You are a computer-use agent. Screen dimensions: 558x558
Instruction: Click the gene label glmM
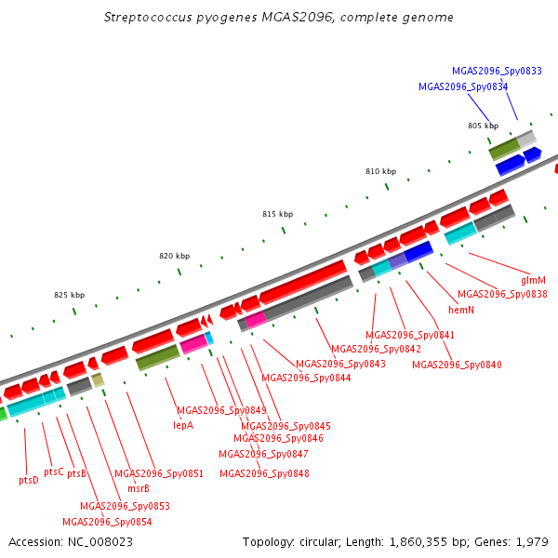[533, 279]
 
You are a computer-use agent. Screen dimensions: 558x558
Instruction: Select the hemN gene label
[461, 310]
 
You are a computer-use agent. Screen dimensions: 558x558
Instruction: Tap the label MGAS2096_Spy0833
[497, 71]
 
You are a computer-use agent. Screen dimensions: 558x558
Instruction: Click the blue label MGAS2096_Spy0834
[463, 86]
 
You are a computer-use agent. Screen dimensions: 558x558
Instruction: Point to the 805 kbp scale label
[483, 126]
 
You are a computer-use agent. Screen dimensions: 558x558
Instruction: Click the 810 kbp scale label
[380, 172]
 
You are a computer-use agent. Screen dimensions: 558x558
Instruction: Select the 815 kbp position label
[277, 214]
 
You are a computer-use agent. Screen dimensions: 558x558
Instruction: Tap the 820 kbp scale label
[174, 256]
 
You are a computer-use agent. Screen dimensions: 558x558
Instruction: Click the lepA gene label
[183, 425]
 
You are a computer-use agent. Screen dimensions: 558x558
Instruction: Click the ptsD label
[29, 480]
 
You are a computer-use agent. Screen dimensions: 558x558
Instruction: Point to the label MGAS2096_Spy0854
[107, 522]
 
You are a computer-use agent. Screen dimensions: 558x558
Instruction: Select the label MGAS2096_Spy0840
[457, 365]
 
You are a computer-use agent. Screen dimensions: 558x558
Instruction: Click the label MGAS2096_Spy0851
[159, 473]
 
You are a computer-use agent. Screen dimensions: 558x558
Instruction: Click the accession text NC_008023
[100, 541]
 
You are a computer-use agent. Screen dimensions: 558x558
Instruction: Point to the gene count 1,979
[534, 541]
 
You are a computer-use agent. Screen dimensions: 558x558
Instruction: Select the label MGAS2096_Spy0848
[264, 473]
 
